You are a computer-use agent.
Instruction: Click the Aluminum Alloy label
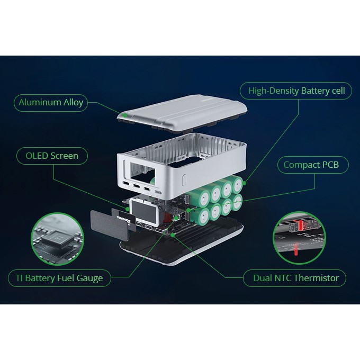pyautogui.click(x=51, y=103)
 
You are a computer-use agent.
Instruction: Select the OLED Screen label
pyautogui.click(x=52, y=156)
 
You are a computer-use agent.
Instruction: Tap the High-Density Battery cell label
pyautogui.click(x=296, y=91)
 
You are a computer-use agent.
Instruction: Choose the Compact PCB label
pyautogui.click(x=313, y=165)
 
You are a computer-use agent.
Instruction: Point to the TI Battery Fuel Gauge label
pyautogui.click(x=59, y=278)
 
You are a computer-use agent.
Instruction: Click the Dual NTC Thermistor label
pyautogui.click(x=294, y=278)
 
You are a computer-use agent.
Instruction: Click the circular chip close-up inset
pyautogui.click(x=57, y=239)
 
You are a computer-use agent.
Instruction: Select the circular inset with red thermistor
pyautogui.click(x=300, y=238)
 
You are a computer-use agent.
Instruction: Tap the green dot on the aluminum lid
pyautogui.click(x=125, y=115)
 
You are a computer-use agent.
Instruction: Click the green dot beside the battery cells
pyautogui.click(x=244, y=183)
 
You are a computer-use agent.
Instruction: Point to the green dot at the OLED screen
pyautogui.click(x=127, y=209)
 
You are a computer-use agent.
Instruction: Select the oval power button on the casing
pyautogui.click(x=184, y=181)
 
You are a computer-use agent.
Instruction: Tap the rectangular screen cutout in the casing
pyautogui.click(x=142, y=174)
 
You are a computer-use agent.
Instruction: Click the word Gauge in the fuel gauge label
pyautogui.click(x=89, y=278)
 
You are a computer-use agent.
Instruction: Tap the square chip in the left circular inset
pyautogui.click(x=57, y=239)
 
